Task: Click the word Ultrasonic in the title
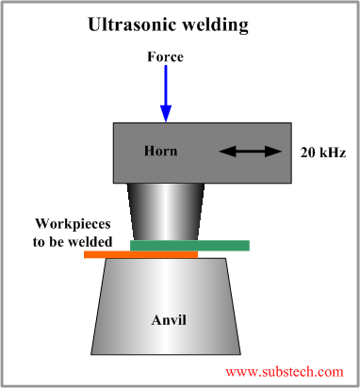coord(131,24)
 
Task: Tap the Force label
coord(165,57)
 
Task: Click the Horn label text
coord(160,151)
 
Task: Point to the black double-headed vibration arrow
coord(252,151)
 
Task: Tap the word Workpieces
coord(74,224)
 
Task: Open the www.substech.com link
coord(284,371)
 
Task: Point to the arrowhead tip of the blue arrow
coord(166,119)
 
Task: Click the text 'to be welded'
coord(74,241)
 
